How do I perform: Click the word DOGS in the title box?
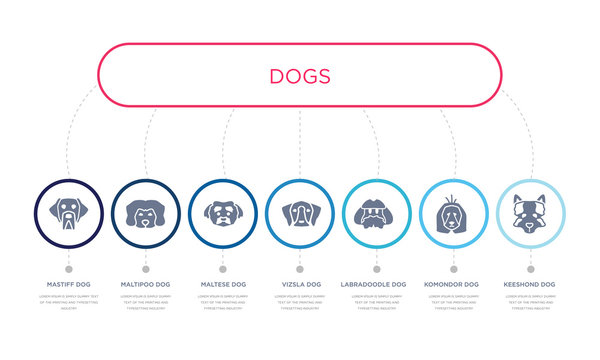tap(300, 75)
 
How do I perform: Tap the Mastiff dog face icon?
tap(68, 213)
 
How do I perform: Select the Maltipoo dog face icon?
tap(145, 213)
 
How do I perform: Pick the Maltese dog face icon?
tap(222, 213)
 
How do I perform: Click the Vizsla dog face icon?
tap(300, 213)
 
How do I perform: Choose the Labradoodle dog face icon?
tap(377, 213)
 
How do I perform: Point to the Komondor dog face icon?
tap(454, 213)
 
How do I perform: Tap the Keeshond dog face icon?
tap(531, 213)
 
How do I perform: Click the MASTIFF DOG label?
tap(68, 284)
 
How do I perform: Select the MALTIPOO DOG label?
tap(145, 284)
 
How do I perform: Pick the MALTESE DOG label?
tap(222, 284)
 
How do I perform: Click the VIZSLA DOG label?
tap(300, 284)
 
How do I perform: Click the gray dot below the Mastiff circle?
tap(68, 268)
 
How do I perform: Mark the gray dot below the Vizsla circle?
tap(300, 268)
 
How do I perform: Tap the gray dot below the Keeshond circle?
tap(531, 268)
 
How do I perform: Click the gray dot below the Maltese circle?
tap(222, 268)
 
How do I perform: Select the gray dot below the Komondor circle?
tap(454, 268)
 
